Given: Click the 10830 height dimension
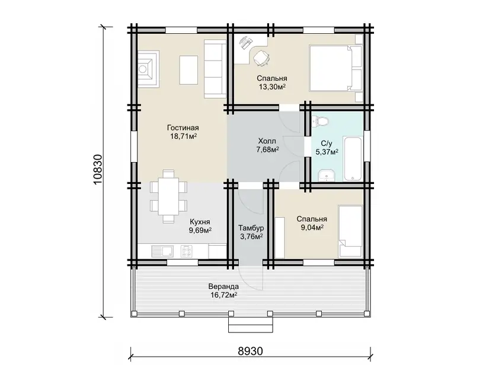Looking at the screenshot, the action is point(97,169).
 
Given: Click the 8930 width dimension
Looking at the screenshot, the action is point(251,351).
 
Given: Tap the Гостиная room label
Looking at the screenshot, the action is point(183,128).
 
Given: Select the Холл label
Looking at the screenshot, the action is point(267,141).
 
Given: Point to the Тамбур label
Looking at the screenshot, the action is point(251,228).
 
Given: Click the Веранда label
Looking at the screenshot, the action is point(223,286).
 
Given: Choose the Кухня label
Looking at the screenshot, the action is point(200,222).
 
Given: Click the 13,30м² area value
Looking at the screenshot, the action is point(272,87).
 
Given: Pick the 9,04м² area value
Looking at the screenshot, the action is point(312,227).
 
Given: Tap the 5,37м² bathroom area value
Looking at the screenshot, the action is point(327,152).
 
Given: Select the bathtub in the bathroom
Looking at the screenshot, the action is point(353,158).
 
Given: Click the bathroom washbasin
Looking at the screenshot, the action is point(326,176).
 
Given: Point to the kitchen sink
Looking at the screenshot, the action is point(163,251).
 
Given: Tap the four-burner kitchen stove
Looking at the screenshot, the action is point(186,251).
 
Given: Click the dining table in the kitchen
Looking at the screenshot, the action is point(168,196).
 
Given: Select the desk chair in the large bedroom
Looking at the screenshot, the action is point(261,58).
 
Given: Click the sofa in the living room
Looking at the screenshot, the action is point(215,69).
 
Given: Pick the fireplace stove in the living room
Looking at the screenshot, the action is point(148,69).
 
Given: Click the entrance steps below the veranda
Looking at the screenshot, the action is point(251,325).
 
